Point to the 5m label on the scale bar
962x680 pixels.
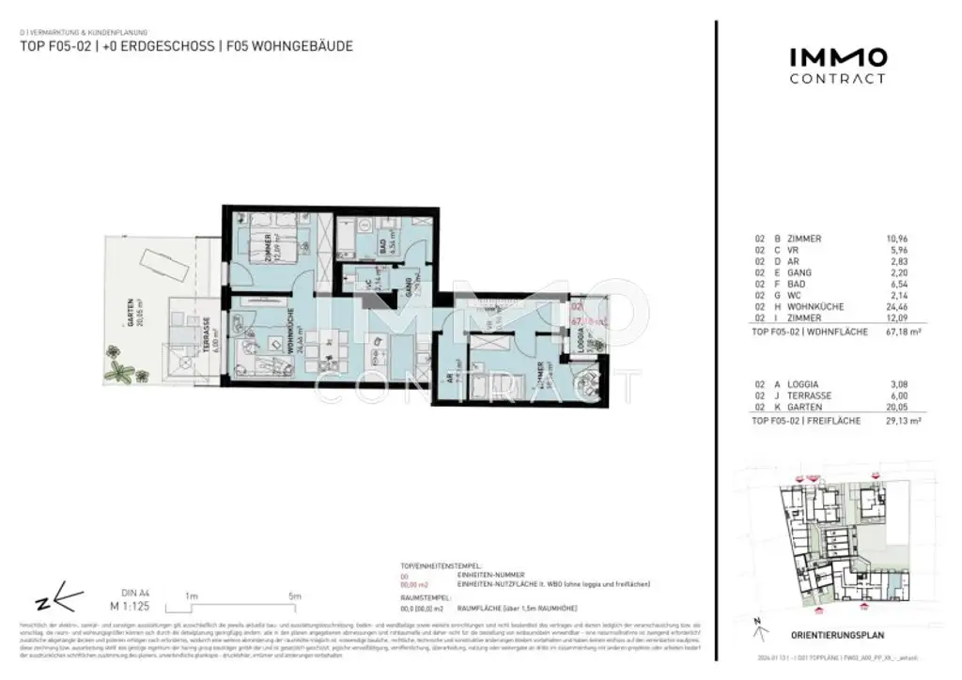point(294,596)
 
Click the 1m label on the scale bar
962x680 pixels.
point(191,596)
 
